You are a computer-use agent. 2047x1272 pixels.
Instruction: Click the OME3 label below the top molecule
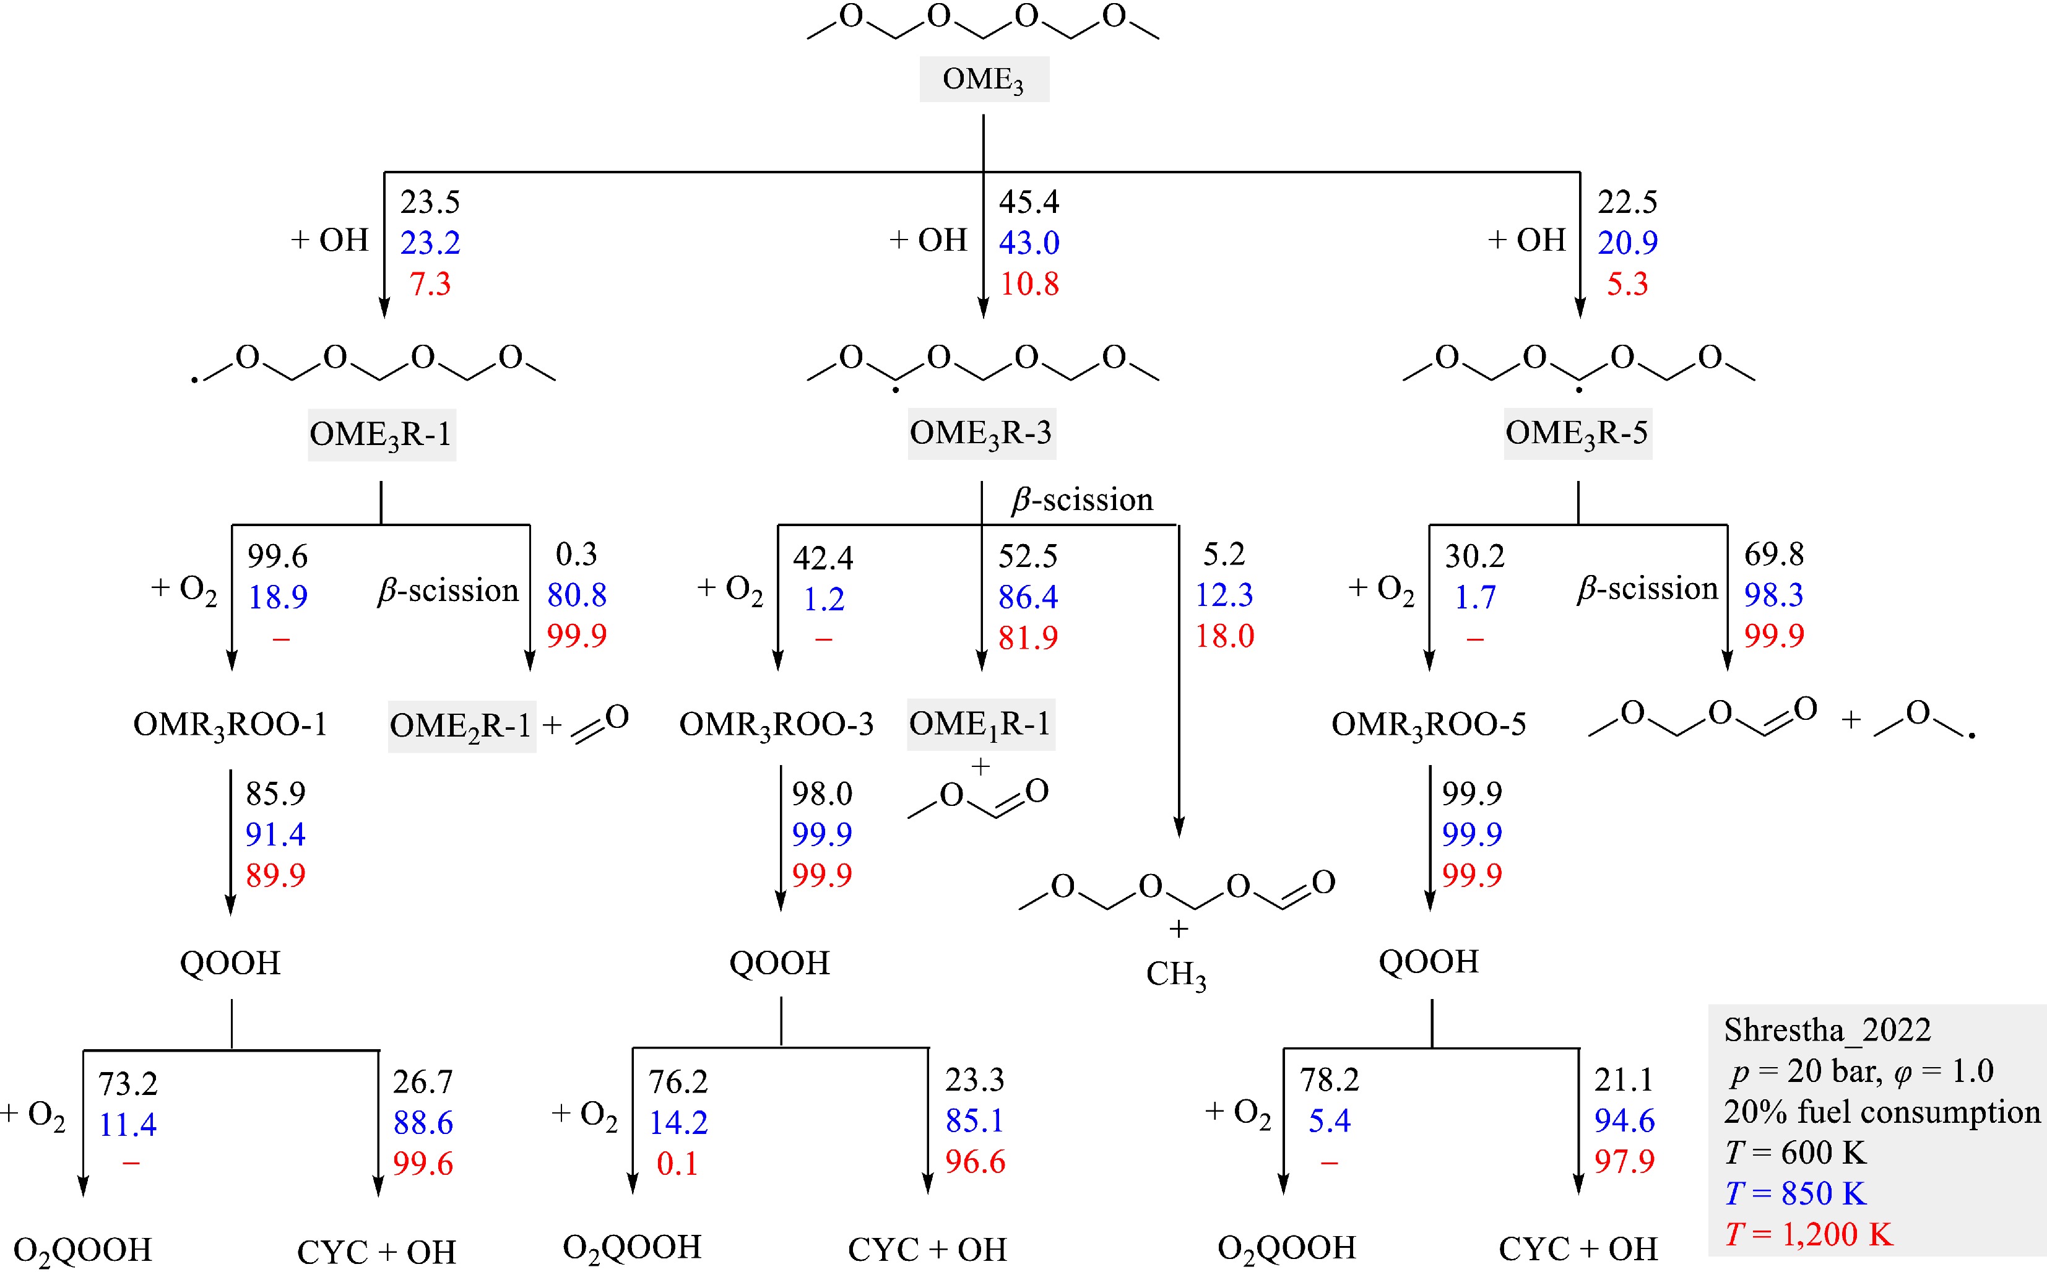pyautogui.click(x=983, y=80)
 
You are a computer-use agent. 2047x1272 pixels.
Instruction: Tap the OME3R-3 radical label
pyautogui.click(x=981, y=433)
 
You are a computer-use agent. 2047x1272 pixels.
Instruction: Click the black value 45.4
pyautogui.click(x=1029, y=202)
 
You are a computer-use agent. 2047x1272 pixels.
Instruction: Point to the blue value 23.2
pyautogui.click(x=430, y=243)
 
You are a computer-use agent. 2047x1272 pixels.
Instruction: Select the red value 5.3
pyautogui.click(x=1627, y=284)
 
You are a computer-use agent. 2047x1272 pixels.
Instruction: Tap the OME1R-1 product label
pyautogui.click(x=980, y=724)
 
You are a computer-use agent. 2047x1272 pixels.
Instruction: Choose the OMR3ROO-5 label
pyautogui.click(x=1429, y=724)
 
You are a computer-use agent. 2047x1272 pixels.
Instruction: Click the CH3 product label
pyautogui.click(x=1176, y=975)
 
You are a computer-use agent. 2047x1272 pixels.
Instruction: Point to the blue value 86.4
pyautogui.click(x=1028, y=597)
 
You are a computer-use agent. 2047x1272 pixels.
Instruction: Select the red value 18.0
pyautogui.click(x=1225, y=637)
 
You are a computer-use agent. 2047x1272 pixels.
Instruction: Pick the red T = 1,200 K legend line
pyautogui.click(x=1809, y=1234)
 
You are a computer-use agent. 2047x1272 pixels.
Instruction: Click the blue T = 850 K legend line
pyautogui.click(x=1796, y=1193)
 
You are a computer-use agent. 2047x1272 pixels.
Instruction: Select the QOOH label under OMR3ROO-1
pyautogui.click(x=230, y=963)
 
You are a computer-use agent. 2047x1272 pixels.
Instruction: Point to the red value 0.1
pyautogui.click(x=677, y=1164)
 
